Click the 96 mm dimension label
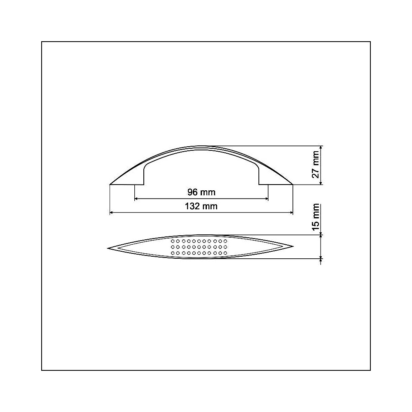click(x=201, y=192)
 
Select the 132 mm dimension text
click(x=201, y=206)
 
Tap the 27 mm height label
click(x=316, y=165)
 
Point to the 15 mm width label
click(x=316, y=216)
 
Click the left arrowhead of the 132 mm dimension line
click(x=112, y=213)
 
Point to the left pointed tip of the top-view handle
click(x=108, y=248)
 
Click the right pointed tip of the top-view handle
click(x=293, y=247)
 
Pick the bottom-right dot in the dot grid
click(x=226, y=253)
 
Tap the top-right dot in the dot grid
click(x=226, y=241)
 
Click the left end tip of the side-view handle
click(x=110, y=184)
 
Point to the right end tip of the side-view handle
click(x=293, y=184)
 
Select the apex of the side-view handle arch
click(x=201, y=146)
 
